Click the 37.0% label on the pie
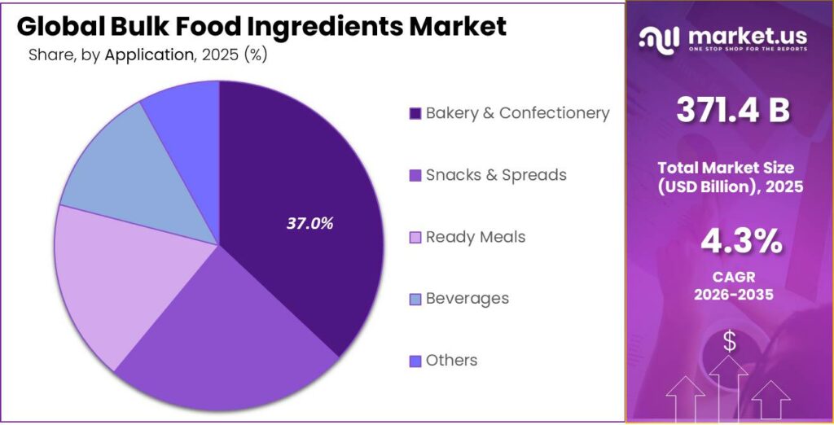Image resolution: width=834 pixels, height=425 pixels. click(x=309, y=223)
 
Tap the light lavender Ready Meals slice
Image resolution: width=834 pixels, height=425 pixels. click(x=114, y=277)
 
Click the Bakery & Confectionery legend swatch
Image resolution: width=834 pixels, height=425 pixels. click(x=415, y=114)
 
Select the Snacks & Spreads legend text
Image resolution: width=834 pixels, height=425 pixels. click(x=496, y=175)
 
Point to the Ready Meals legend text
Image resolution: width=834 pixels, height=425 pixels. click(x=476, y=237)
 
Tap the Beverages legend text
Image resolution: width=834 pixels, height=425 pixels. click(x=467, y=299)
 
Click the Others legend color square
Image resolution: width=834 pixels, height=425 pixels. click(x=415, y=361)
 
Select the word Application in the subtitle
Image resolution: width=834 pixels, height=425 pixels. click(x=149, y=55)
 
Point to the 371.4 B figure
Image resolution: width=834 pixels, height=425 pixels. click(x=732, y=110)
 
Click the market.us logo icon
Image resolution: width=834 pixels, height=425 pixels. click(x=658, y=37)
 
